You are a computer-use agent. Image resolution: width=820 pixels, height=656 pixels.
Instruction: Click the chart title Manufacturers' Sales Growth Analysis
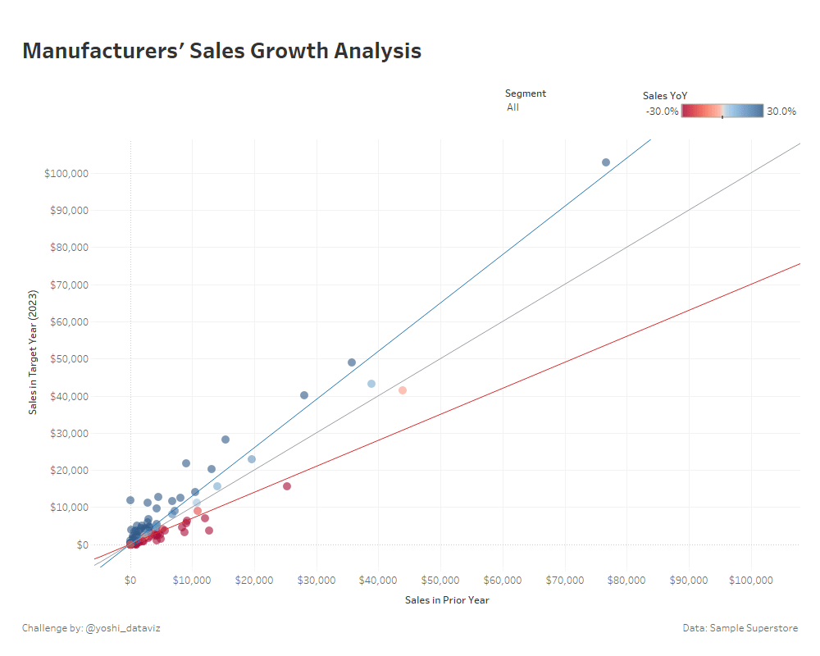click(x=221, y=51)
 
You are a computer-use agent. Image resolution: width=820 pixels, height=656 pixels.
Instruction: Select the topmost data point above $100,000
click(x=606, y=162)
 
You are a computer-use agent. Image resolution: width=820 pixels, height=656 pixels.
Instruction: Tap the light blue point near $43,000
click(x=371, y=384)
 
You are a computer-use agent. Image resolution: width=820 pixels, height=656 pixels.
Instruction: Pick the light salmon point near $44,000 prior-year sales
click(x=403, y=390)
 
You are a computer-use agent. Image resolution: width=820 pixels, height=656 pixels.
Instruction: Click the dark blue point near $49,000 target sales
click(x=352, y=362)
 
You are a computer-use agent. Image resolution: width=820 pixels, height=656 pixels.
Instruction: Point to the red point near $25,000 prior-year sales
click(x=287, y=486)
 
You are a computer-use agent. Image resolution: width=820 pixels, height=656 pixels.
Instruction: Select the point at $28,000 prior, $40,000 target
click(x=304, y=395)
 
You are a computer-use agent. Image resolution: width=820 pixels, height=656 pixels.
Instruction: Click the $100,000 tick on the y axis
click(x=68, y=174)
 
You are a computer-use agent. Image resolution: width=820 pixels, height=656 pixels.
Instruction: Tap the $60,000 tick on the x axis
click(x=503, y=581)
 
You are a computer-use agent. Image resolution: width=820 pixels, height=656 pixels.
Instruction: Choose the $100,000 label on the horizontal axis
click(x=751, y=581)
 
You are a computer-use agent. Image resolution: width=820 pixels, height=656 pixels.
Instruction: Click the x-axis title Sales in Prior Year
click(x=447, y=600)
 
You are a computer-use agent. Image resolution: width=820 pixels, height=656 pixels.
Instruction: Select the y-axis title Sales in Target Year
click(x=34, y=352)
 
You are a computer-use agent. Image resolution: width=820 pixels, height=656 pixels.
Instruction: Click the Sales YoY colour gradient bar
click(x=722, y=111)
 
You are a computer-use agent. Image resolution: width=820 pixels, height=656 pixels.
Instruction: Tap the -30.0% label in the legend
click(x=662, y=112)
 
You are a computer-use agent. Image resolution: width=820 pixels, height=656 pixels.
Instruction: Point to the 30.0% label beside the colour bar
click(x=781, y=112)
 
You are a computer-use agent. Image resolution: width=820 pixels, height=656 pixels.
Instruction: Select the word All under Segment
click(x=512, y=107)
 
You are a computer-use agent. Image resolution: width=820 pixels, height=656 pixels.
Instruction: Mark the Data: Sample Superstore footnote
click(x=740, y=628)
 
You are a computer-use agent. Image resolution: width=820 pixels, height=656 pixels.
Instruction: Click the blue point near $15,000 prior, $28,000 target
click(x=225, y=440)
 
